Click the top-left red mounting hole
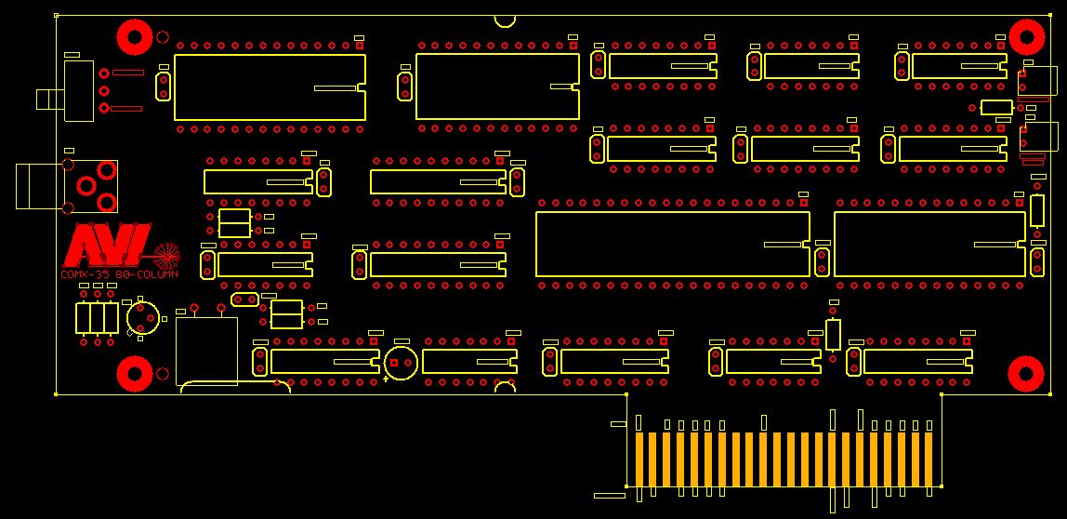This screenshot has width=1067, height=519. point(135,38)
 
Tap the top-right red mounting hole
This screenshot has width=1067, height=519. point(1026,38)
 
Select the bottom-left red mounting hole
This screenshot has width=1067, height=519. point(135,374)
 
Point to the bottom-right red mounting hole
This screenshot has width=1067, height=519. point(1026,374)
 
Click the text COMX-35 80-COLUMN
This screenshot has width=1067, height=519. point(118,274)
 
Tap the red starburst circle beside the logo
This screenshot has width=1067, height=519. point(165,252)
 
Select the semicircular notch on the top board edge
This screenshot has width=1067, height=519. point(506,20)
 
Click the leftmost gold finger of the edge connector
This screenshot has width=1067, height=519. point(639,459)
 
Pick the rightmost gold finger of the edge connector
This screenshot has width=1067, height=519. point(928,459)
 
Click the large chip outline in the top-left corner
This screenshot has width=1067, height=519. point(270,87)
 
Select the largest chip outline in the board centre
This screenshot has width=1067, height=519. point(673,244)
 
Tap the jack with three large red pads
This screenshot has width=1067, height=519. point(93,185)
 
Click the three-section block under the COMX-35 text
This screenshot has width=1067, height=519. point(97,317)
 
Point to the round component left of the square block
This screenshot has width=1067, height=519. point(141,318)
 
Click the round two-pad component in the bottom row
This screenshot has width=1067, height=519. point(401,362)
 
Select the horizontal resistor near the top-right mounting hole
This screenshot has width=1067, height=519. point(995,108)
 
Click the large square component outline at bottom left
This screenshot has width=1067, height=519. point(206,350)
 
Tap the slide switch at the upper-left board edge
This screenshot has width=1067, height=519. point(78,90)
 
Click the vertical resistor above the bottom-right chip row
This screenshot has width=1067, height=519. point(833,333)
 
